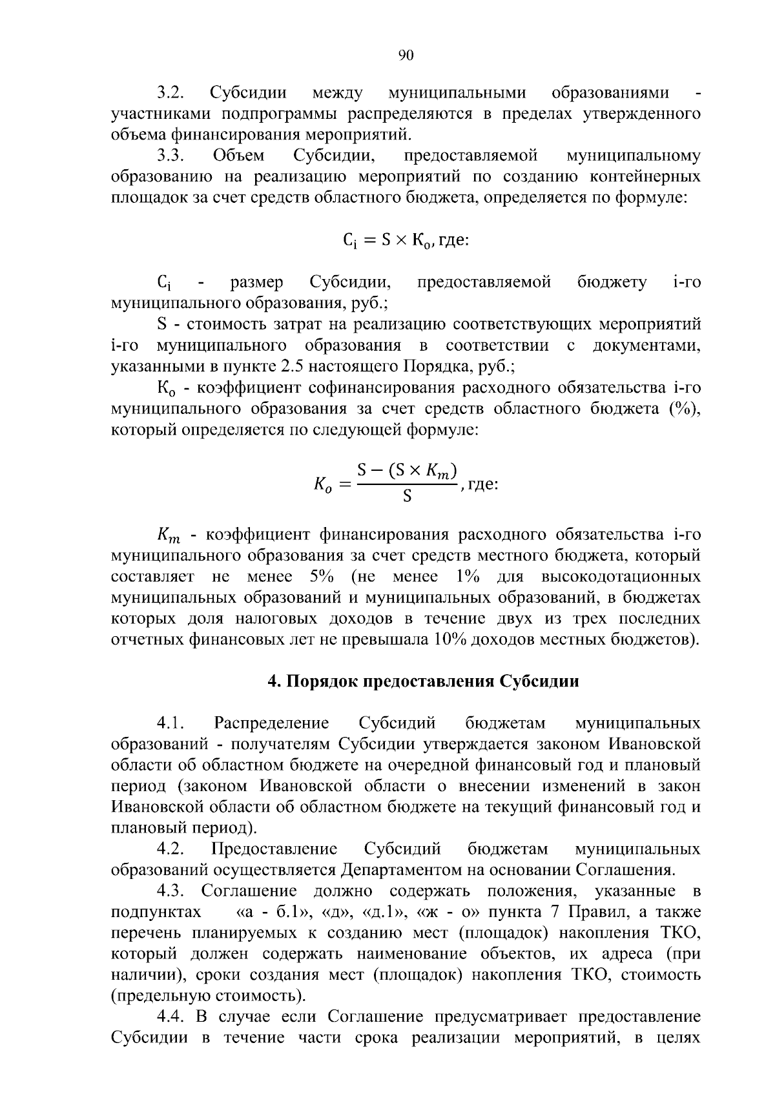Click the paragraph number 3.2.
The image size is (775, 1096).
point(171,93)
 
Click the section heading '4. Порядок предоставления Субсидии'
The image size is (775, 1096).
point(423,682)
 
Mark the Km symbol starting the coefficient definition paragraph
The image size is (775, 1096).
point(170,535)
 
